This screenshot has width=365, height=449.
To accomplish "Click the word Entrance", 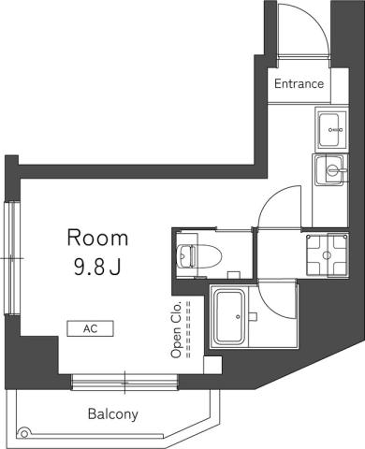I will pyautogui.click(x=299, y=84).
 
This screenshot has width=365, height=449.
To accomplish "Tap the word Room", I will pyautogui.click(x=96, y=237).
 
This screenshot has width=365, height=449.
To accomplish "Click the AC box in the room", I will pyautogui.click(x=90, y=329).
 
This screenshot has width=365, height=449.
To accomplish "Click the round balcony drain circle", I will pyautogui.click(x=24, y=432).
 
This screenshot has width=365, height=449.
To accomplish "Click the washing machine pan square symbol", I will pyautogui.click(x=328, y=252).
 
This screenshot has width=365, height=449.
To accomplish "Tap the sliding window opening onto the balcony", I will pyautogui.click(x=124, y=381).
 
